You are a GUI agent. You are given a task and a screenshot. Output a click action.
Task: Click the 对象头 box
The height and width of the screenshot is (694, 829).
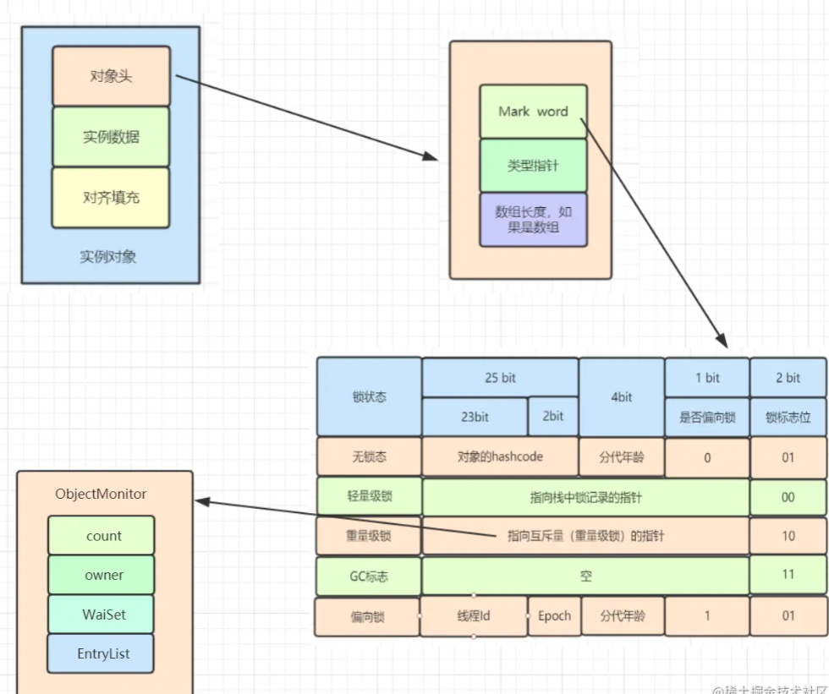pos(111,76)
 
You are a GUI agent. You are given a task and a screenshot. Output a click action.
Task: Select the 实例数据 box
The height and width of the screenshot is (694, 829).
pos(111,137)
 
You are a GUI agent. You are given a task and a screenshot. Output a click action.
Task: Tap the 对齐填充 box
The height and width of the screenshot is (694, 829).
pos(111,198)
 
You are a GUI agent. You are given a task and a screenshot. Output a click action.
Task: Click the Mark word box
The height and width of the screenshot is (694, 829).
pos(533,112)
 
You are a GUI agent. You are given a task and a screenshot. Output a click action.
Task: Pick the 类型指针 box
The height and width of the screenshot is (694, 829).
pos(533,167)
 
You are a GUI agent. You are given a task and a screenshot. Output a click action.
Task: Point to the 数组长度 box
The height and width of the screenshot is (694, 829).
pos(533,220)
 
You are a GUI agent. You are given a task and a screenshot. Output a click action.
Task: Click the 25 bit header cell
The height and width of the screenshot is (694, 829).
pos(500,378)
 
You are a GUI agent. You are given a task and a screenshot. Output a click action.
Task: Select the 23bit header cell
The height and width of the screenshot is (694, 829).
pos(475,417)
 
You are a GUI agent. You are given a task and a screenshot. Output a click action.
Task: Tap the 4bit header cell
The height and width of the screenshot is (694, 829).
pos(622,396)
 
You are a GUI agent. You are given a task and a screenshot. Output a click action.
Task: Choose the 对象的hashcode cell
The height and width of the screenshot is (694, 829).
pos(500,457)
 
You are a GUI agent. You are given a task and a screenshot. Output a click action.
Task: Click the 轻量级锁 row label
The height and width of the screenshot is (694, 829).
pos(369,497)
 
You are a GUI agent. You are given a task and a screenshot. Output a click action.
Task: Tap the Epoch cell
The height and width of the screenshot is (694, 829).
pos(554,616)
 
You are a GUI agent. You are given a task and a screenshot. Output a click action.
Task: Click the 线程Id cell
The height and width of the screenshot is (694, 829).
pos(474,616)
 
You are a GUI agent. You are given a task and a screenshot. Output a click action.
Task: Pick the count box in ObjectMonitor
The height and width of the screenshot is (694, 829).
pos(102,536)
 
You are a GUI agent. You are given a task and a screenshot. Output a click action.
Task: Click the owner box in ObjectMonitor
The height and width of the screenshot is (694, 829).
pos(102,576)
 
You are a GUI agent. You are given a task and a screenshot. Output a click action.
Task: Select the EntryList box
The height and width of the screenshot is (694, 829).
pos(102,654)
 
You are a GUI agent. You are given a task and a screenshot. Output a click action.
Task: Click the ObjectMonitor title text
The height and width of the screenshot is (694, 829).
pos(101,494)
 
